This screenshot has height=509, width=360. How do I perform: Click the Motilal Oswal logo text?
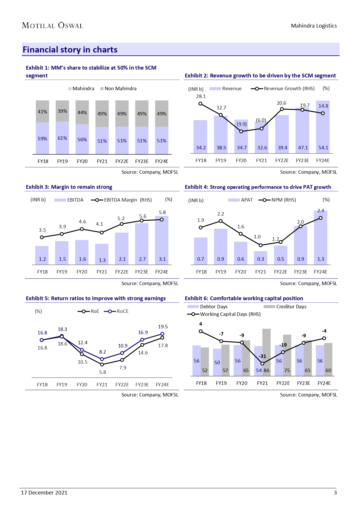[x=53, y=26]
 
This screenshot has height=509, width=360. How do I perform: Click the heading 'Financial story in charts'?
[x=70, y=50]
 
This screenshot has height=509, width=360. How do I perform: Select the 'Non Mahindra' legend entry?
[x=118, y=88]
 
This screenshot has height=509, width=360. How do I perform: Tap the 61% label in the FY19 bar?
[x=62, y=138]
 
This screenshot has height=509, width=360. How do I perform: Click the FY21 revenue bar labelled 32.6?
[x=262, y=138]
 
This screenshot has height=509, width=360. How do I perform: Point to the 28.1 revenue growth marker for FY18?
[x=200, y=104]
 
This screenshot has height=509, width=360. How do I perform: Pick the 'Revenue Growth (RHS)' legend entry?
[x=283, y=88]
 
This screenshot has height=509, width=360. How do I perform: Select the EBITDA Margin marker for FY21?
[x=102, y=233]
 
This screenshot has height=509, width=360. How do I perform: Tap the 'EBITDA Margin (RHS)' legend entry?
[x=122, y=200]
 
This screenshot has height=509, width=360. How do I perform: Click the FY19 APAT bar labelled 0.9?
[x=221, y=247]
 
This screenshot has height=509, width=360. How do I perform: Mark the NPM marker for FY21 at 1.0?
[x=260, y=245]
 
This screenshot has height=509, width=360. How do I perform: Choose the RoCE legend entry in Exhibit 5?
[x=116, y=311]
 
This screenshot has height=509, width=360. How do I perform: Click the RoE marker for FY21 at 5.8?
[x=102, y=365]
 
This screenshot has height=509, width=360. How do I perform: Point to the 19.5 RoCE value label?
[x=163, y=327]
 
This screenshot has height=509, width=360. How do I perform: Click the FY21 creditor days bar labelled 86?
[x=266, y=352]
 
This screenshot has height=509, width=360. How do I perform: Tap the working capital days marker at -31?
[x=262, y=363]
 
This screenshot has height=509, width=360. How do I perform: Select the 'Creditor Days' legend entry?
[x=285, y=307]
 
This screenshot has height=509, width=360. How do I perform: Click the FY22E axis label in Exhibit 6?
[x=283, y=383]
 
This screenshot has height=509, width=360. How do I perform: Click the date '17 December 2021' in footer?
[x=44, y=492]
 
